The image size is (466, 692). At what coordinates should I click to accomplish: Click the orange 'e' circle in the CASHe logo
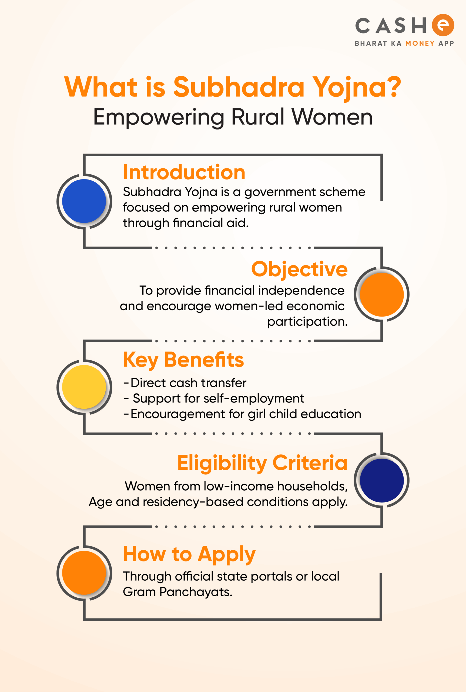tap(443, 25)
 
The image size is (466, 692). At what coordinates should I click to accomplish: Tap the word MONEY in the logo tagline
tap(420, 44)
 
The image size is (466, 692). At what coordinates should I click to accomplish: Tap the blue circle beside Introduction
tap(84, 201)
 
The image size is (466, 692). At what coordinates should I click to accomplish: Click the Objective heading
tap(299, 270)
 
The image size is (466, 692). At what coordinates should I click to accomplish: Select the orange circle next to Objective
tap(382, 294)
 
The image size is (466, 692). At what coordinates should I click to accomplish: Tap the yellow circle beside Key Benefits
tap(84, 387)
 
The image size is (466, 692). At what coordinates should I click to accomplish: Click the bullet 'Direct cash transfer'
tap(185, 383)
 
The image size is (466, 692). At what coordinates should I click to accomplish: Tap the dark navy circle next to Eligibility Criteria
tap(382, 481)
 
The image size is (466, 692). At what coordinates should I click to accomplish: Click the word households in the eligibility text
tap(312, 487)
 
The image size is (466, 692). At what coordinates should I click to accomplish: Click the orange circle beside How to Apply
tap(84, 573)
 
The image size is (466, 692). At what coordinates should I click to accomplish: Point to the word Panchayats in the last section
tap(196, 592)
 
